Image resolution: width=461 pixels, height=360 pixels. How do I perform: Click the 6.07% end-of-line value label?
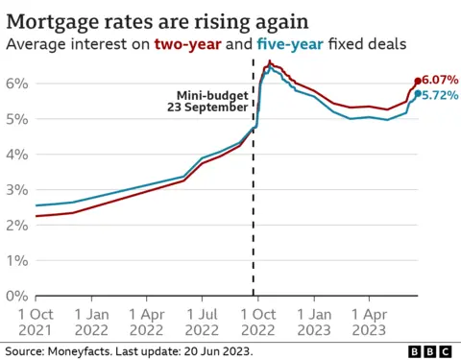(439, 82)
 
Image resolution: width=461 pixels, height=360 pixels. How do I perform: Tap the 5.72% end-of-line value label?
(439, 95)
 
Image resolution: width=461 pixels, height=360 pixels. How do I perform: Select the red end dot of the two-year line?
(418, 82)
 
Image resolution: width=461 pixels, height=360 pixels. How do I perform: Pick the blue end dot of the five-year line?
(418, 93)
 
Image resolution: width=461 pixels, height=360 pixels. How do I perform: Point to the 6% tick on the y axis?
(15, 84)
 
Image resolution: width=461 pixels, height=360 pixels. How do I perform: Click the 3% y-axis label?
(15, 190)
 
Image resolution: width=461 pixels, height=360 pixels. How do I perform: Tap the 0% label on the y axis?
(15, 297)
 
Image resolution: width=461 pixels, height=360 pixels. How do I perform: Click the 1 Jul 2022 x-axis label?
(202, 323)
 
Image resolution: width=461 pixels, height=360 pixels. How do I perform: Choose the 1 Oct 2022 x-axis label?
(256, 323)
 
